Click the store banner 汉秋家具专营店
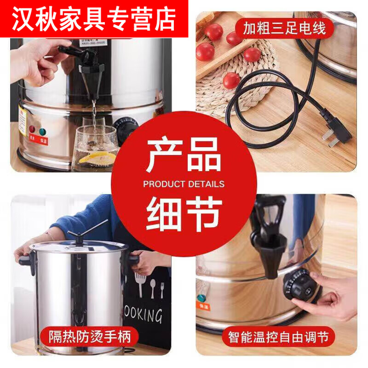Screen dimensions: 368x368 pyautogui.click(x=94, y=18)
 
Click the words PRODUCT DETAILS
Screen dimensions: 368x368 pyautogui.click(x=184, y=184)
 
